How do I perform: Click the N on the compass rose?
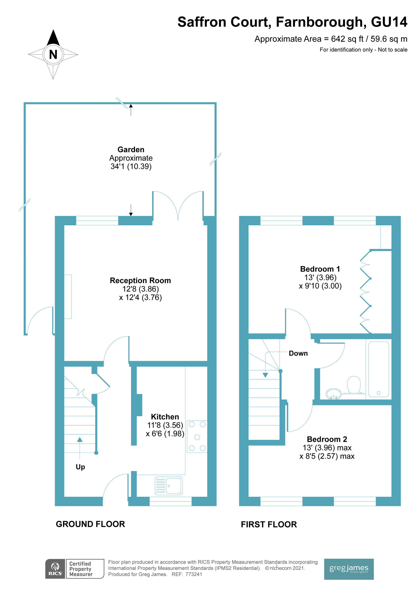coord(53,55)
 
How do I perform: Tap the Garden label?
coord(131,150)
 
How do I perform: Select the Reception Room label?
coord(140,280)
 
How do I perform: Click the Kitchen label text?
coord(165,417)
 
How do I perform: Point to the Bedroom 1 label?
coord(320,269)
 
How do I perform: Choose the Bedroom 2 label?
coord(327,439)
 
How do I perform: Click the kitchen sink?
coord(169,486)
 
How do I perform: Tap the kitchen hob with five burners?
coord(197,437)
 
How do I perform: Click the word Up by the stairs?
coord(80,467)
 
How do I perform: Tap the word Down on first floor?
coord(298,353)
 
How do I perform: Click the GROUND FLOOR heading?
coord(90,524)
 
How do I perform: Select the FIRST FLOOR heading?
coord(269,524)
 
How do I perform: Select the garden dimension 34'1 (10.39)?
coord(131,166)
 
